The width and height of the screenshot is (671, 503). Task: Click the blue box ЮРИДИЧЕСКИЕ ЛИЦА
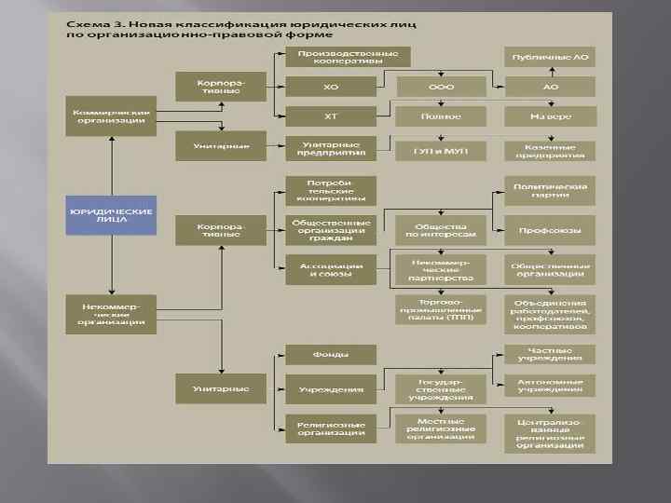(111, 216)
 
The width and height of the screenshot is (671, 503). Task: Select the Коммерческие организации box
(111, 116)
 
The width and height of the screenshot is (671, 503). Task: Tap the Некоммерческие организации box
(111, 313)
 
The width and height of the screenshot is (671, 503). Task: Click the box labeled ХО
(331, 87)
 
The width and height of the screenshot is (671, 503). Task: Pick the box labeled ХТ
(331, 116)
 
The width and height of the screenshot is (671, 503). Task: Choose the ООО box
(441, 87)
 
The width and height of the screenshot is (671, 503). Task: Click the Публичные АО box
(550, 58)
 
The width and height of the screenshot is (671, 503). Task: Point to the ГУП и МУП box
(441, 148)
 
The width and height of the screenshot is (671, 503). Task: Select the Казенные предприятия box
(550, 149)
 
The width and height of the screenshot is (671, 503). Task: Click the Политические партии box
(550, 192)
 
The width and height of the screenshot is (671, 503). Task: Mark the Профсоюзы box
(550, 230)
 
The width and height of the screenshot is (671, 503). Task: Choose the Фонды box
(331, 355)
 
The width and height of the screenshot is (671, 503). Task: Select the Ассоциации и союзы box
(331, 270)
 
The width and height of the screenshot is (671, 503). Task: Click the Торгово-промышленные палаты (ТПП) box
(441, 308)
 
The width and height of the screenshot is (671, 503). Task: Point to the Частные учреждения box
(550, 354)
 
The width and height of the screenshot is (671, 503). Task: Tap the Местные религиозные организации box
(441, 428)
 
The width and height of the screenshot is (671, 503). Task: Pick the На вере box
(550, 116)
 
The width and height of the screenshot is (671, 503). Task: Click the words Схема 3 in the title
(90, 21)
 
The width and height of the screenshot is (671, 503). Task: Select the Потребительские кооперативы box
(331, 190)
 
